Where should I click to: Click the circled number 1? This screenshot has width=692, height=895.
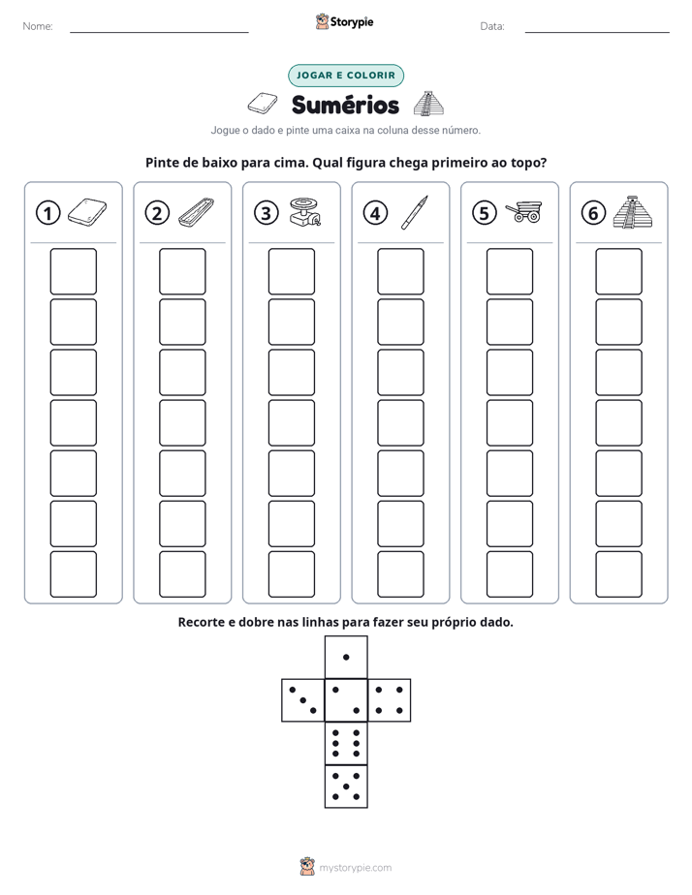[x=47, y=213]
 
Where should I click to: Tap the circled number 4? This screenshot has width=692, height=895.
[x=375, y=213]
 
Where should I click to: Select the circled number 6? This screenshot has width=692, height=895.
[x=593, y=213]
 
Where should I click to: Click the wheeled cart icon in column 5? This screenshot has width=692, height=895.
[x=524, y=212]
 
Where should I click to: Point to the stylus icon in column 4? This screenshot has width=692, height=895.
[x=415, y=212]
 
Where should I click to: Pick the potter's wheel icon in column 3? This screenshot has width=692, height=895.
[x=304, y=212]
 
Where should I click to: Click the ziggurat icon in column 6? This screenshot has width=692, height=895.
[x=633, y=212]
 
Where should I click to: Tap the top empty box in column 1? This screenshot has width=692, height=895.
[x=73, y=271]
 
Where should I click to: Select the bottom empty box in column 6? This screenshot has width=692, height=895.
[x=618, y=574]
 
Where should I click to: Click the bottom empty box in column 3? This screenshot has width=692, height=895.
[x=291, y=574]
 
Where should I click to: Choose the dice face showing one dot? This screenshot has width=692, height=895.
[x=346, y=657]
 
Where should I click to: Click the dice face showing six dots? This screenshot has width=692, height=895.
[x=346, y=743]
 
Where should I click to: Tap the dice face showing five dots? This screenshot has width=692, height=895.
[x=346, y=786]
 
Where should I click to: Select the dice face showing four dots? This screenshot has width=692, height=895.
[x=389, y=700]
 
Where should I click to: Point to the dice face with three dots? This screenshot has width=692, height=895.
[x=303, y=700]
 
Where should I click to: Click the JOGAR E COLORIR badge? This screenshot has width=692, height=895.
[x=346, y=76]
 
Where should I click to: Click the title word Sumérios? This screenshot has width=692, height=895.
[x=345, y=105]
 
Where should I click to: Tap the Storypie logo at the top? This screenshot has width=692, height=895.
[x=344, y=21]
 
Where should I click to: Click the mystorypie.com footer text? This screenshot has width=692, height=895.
[x=355, y=868]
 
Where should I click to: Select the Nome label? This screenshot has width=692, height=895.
[x=38, y=26]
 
